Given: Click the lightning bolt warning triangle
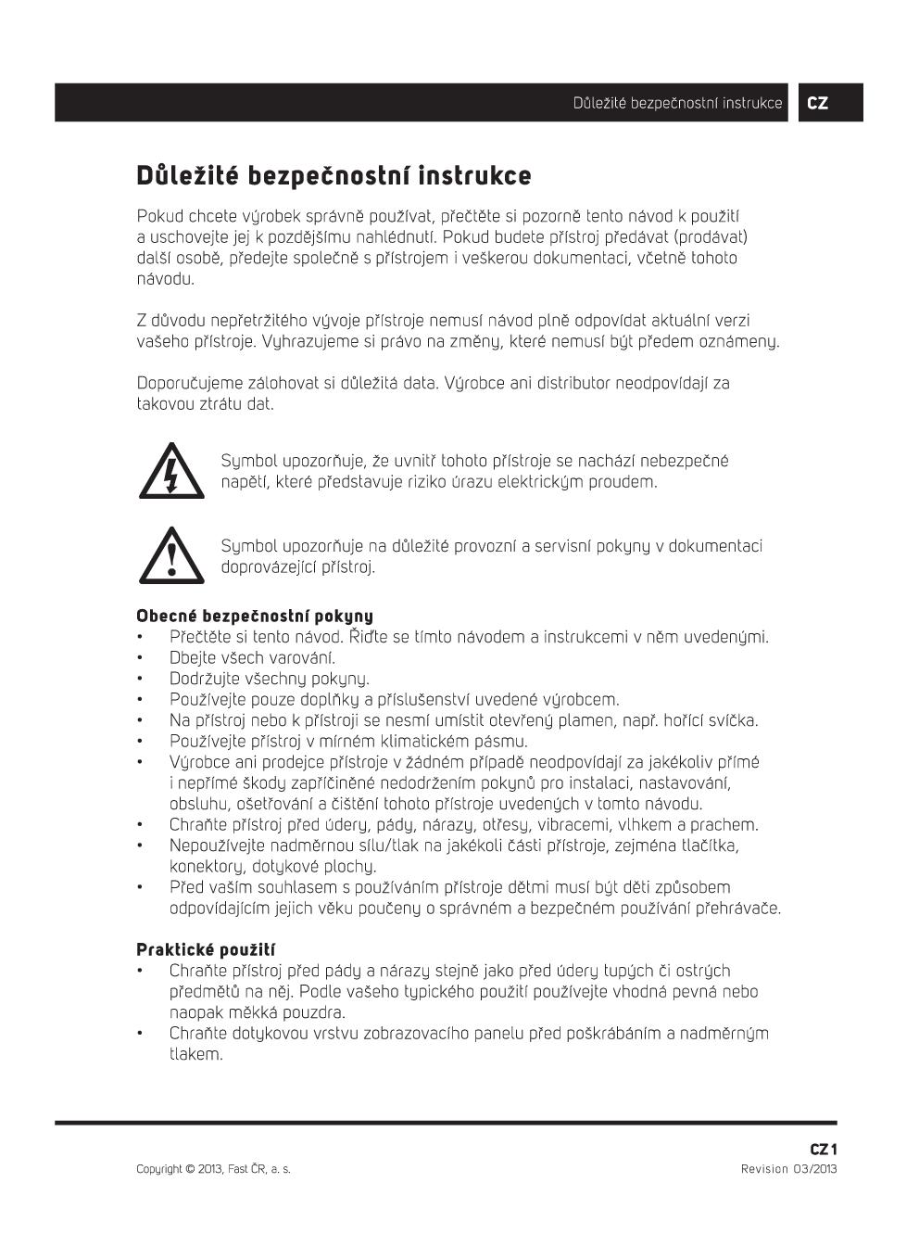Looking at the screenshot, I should click(x=171, y=472).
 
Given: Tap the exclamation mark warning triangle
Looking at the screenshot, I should click(x=171, y=556).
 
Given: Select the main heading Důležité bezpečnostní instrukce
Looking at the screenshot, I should click(x=334, y=176).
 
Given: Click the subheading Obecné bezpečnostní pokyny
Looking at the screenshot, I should click(x=255, y=616).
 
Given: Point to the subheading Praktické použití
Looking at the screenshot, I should click(x=206, y=949).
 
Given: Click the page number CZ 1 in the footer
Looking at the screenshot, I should click(x=824, y=1150).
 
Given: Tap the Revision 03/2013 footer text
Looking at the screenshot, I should click(x=788, y=1169).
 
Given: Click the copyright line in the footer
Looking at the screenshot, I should click(x=213, y=1169).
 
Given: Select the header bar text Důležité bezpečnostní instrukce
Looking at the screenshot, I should click(x=677, y=103).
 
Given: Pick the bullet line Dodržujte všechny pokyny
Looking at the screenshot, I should click(x=269, y=679).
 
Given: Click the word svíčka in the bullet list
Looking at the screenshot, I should click(x=734, y=720).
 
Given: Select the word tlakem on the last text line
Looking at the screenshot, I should click(x=195, y=1054).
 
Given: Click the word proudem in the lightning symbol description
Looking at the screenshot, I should click(x=625, y=482).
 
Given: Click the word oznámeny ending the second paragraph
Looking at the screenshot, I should click(x=740, y=341).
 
